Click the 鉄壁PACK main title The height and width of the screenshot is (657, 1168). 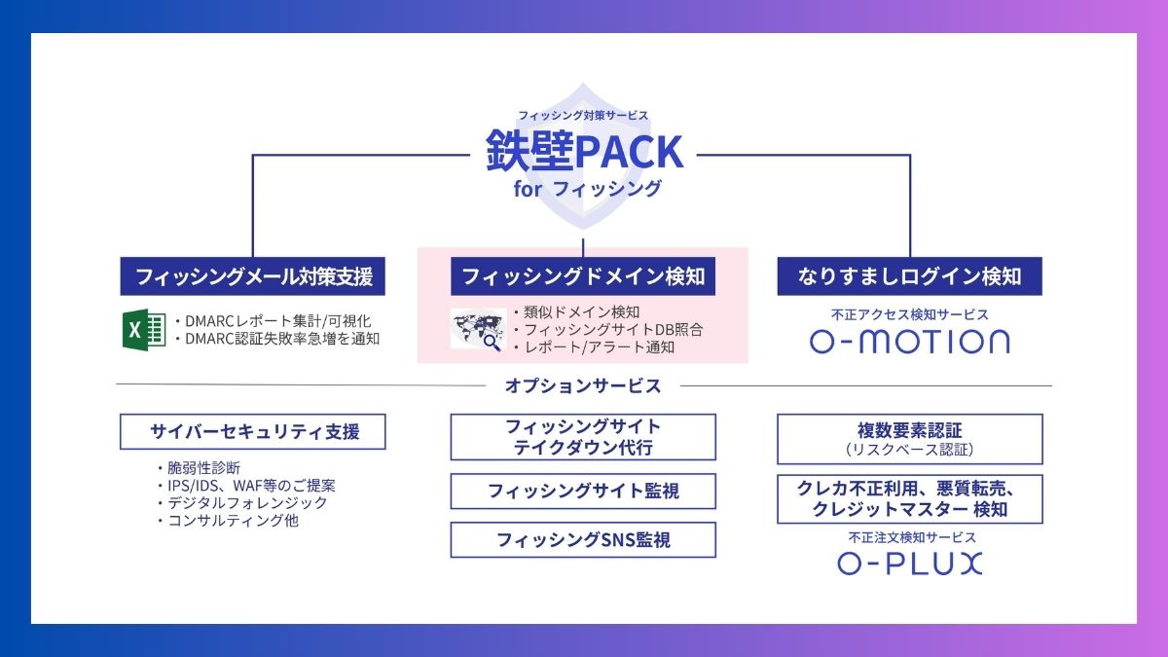(x=584, y=151)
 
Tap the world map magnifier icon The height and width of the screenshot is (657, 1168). (x=477, y=329)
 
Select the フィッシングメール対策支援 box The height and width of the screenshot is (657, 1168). (x=253, y=276)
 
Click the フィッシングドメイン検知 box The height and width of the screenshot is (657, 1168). (x=583, y=276)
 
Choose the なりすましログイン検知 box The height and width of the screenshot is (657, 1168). (x=910, y=276)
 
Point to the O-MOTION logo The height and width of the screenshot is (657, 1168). (x=910, y=342)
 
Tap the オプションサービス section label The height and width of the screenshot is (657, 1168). (x=583, y=386)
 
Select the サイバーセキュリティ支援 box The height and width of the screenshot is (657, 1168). (x=253, y=431)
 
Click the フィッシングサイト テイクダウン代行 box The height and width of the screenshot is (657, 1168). (x=583, y=437)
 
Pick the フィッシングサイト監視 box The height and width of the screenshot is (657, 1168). (x=583, y=491)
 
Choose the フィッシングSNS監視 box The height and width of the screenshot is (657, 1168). (x=583, y=539)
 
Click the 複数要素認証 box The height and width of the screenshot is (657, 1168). (x=910, y=439)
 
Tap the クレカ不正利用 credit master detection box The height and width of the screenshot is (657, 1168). (x=910, y=498)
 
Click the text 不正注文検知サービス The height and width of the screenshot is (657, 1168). (x=910, y=537)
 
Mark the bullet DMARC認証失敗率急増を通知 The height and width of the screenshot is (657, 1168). (x=276, y=339)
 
